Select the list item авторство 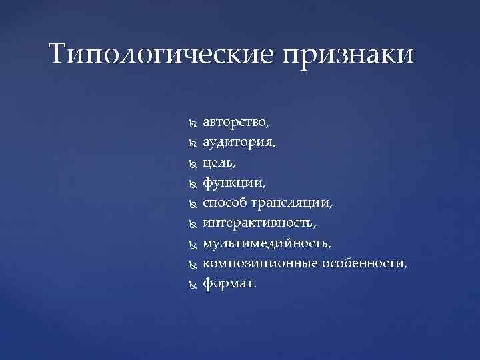pos(236,123)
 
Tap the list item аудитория pos(239,143)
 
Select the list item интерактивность pos(260,221)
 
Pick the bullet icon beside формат pos(193,284)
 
